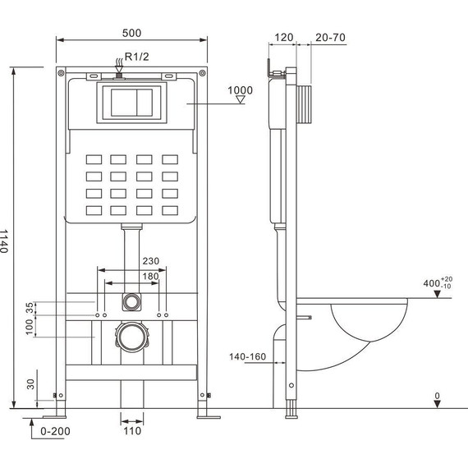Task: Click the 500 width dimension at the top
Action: [x=131, y=33]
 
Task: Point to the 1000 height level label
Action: [x=241, y=89]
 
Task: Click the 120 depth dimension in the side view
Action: [x=285, y=38]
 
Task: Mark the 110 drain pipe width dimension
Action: [x=131, y=430]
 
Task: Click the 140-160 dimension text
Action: [x=248, y=357]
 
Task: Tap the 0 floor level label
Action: [x=438, y=396]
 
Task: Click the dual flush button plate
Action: [x=131, y=102]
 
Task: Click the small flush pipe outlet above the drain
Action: [x=130, y=301]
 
